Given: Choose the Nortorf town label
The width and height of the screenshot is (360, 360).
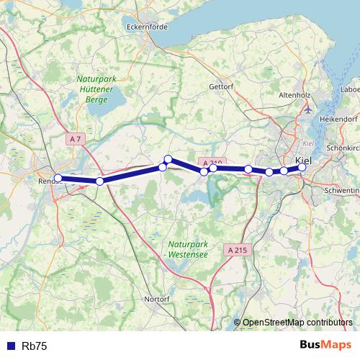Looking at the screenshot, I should tap(157, 297).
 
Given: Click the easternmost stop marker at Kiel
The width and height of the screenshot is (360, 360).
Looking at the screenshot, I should tap(302, 167).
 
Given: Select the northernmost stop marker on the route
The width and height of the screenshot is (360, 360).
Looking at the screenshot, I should tap(168, 159).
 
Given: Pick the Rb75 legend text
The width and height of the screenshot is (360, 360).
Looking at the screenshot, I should tap(35, 346).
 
